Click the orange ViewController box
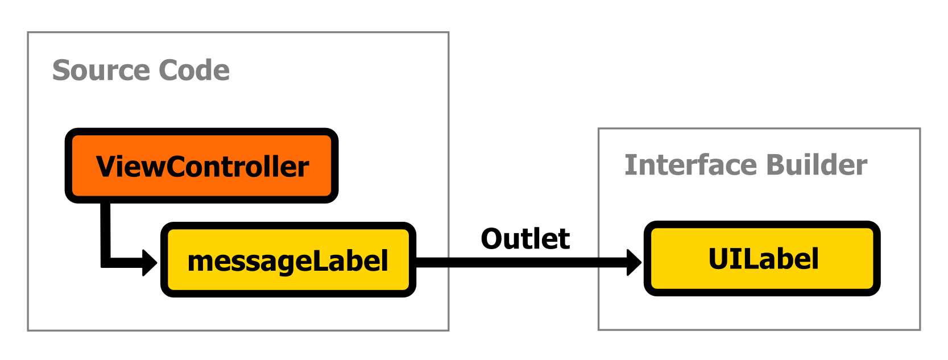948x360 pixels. click(202, 165)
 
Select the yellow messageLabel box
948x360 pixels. click(288, 260)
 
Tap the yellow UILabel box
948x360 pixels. click(762, 259)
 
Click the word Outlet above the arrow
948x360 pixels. click(525, 239)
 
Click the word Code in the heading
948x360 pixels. click(194, 71)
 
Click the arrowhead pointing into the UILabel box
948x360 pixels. click(634, 262)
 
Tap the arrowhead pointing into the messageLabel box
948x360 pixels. click(149, 263)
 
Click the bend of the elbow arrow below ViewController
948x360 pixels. click(106, 262)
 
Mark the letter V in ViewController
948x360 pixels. click(106, 167)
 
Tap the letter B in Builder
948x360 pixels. click(775, 165)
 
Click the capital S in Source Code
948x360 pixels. click(61, 71)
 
